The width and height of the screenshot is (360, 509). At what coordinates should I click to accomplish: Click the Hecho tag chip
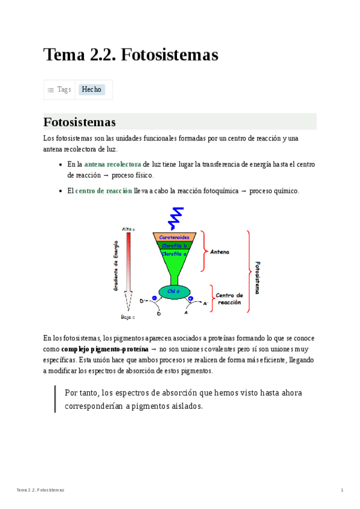click(x=92, y=89)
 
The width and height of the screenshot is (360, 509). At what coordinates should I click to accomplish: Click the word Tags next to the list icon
click(x=64, y=89)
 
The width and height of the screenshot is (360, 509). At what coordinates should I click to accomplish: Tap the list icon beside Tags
click(x=51, y=90)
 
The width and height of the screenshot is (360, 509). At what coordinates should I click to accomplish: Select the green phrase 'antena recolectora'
click(x=112, y=164)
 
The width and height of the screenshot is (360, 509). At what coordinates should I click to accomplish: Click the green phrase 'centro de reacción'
click(x=103, y=191)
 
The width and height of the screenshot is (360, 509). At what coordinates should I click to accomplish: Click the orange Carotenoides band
click(x=175, y=237)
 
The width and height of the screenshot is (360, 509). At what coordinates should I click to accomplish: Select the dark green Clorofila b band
click(x=175, y=245)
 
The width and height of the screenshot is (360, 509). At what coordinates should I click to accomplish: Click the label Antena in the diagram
click(x=219, y=252)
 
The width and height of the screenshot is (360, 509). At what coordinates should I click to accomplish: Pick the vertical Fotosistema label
click(x=257, y=277)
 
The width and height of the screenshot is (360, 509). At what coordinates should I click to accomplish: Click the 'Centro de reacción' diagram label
click(x=229, y=299)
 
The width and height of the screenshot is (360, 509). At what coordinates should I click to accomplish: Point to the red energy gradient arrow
click(x=128, y=270)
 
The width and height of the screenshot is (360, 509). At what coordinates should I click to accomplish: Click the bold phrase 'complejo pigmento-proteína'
click(x=104, y=349)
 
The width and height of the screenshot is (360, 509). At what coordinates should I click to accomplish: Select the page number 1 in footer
click(x=342, y=490)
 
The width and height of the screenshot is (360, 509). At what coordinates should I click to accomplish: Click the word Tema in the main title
click(x=64, y=55)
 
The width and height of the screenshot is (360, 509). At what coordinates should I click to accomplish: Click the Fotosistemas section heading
click(x=80, y=122)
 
